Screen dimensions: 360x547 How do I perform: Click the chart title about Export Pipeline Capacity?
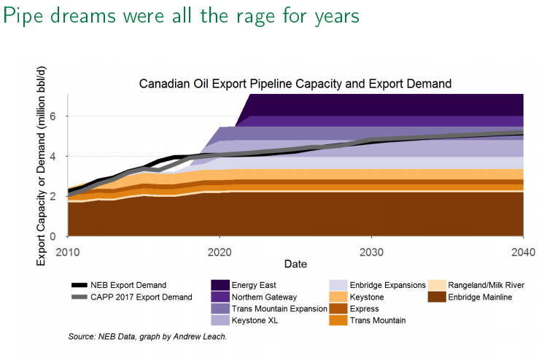point(295,84)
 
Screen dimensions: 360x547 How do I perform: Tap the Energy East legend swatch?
point(220,284)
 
